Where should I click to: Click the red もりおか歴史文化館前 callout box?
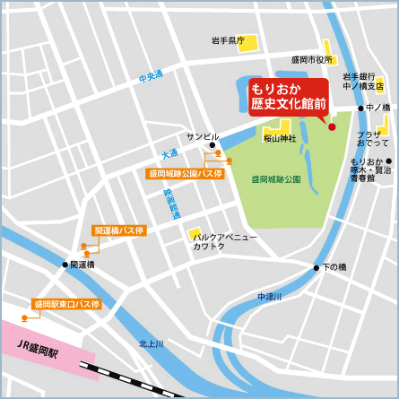point(289,97)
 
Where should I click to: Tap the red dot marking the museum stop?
point(332,126)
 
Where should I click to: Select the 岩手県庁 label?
point(228,40)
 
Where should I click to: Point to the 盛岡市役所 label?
point(313,59)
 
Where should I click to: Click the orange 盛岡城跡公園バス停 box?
point(186,173)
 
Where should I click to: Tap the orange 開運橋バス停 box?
point(118,230)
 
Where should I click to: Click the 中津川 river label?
point(269,296)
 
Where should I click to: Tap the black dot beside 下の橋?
point(317,267)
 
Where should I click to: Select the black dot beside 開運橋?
point(65,265)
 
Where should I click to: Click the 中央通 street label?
point(151,78)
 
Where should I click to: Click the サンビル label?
point(202,136)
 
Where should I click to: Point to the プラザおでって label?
point(373,138)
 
